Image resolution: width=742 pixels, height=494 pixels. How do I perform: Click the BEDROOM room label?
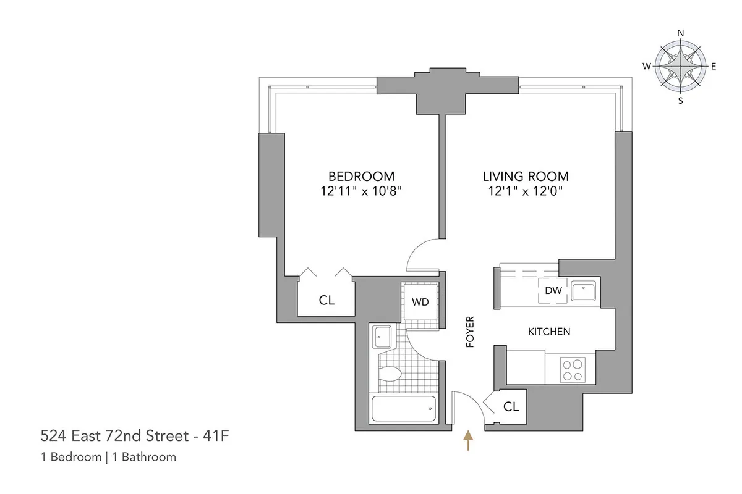pyautogui.click(x=361, y=176)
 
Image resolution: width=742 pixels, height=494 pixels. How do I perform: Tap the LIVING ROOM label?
pyautogui.click(x=526, y=176)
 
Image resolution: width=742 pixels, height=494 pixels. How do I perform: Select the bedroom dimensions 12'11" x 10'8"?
pyautogui.click(x=361, y=191)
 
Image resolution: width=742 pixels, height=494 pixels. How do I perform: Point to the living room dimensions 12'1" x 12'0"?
pyautogui.click(x=526, y=191)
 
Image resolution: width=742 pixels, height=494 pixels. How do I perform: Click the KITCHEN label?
pyautogui.click(x=548, y=332)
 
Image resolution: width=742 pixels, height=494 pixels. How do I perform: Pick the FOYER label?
pyautogui.click(x=469, y=332)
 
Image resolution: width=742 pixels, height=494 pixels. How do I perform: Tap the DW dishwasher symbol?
pyautogui.click(x=553, y=291)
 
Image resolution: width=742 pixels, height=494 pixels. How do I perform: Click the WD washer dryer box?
pyautogui.click(x=420, y=302)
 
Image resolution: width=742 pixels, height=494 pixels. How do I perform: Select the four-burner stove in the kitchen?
pyautogui.click(x=573, y=369)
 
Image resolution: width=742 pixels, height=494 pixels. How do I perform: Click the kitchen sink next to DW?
pyautogui.click(x=583, y=290)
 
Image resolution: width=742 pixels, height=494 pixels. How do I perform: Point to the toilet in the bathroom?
pyautogui.click(x=390, y=374)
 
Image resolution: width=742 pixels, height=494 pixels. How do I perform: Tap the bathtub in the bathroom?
pyautogui.click(x=403, y=408)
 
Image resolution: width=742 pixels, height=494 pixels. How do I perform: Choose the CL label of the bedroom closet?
pyautogui.click(x=326, y=301)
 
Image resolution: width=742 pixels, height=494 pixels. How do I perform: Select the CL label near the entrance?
pyautogui.click(x=511, y=408)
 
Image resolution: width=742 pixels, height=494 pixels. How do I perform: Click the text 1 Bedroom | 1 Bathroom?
pyautogui.click(x=108, y=457)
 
